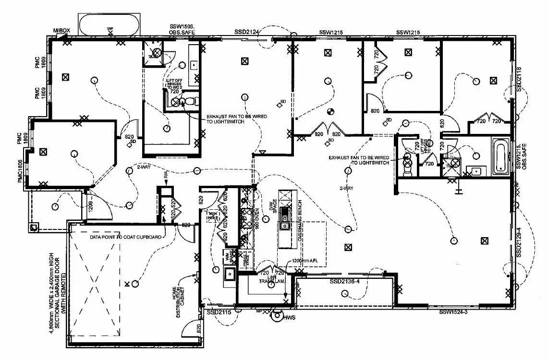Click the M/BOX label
(x=61, y=31)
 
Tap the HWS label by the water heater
(x=289, y=318)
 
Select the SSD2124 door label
(x=247, y=32)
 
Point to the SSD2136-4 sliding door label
(x=345, y=281)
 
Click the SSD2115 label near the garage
(x=219, y=312)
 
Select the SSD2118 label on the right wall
(x=519, y=79)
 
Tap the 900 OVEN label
(x=257, y=219)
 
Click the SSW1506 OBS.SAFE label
(x=181, y=29)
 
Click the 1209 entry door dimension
(x=90, y=207)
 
